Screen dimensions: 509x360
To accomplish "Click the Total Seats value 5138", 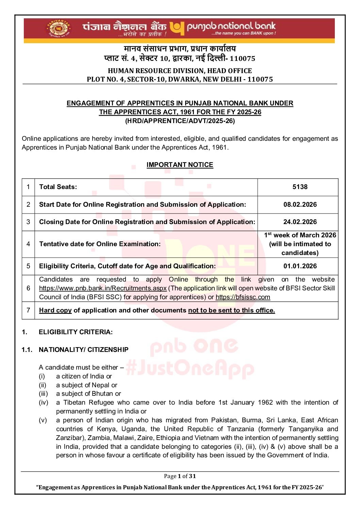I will point(300,187).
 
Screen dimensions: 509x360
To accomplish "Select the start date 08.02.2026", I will point(300,204).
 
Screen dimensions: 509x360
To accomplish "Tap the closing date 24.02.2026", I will point(300,222).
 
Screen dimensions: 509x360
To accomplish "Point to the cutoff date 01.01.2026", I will point(300,266).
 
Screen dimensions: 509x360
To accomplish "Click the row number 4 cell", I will point(28,244).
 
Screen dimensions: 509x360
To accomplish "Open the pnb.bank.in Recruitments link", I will point(103,288).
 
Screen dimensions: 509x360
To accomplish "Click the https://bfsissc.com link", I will point(243,297).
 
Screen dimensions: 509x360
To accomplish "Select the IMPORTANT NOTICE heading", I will point(180,165).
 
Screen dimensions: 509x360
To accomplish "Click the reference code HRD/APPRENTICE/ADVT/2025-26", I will point(180,121).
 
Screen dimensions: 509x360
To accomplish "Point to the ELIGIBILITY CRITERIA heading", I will point(76,332).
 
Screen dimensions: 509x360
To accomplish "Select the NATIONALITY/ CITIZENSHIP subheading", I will point(83,350).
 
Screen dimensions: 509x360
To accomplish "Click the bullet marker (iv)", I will point(43,402).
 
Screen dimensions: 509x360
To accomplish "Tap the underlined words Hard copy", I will point(55,310).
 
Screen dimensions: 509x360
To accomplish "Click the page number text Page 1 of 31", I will point(180,476).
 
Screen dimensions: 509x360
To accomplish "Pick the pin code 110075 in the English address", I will point(260,79).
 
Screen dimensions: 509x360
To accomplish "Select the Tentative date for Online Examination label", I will point(100,244).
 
